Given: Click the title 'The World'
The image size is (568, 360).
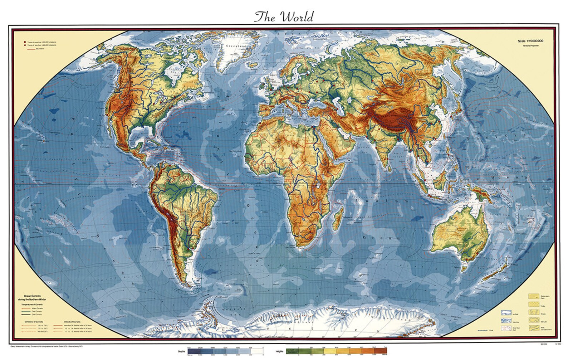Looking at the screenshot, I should [284, 17].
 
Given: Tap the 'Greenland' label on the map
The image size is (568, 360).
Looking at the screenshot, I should [231, 46].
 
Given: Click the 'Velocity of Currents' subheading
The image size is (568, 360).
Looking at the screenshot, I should [72, 321].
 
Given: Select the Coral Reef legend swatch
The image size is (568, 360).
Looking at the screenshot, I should [505, 328].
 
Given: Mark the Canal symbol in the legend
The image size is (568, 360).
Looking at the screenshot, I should [483, 330].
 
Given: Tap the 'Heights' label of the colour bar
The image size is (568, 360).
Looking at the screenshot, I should [280, 351].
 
